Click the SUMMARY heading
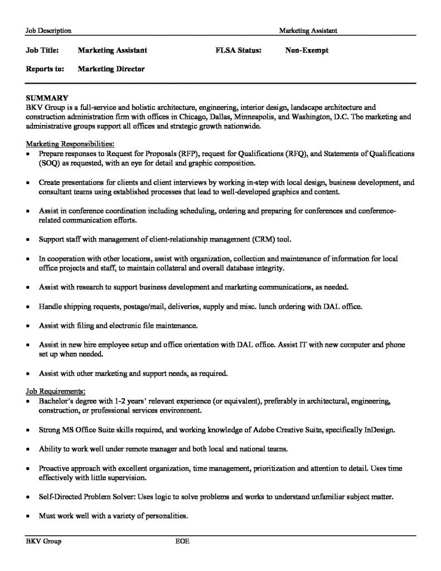[47, 98]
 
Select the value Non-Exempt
[307, 50]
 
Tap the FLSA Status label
[238, 50]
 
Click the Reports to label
[45, 69]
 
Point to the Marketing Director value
[111, 69]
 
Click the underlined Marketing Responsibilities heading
[70, 143]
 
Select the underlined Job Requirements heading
[56, 391]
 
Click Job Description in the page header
[49, 30]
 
